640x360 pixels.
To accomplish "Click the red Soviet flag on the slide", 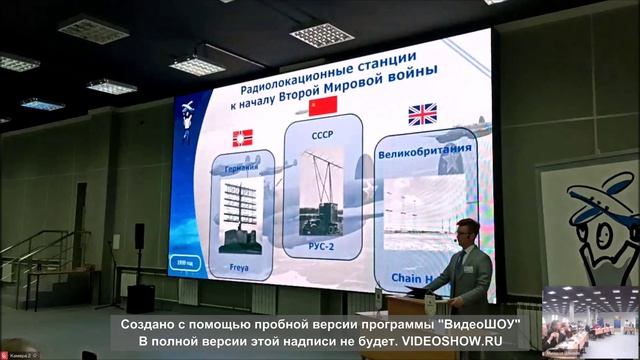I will coord(322,105).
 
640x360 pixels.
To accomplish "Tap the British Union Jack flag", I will coord(422,114).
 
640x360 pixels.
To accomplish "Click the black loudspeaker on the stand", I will coord(139,236).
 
